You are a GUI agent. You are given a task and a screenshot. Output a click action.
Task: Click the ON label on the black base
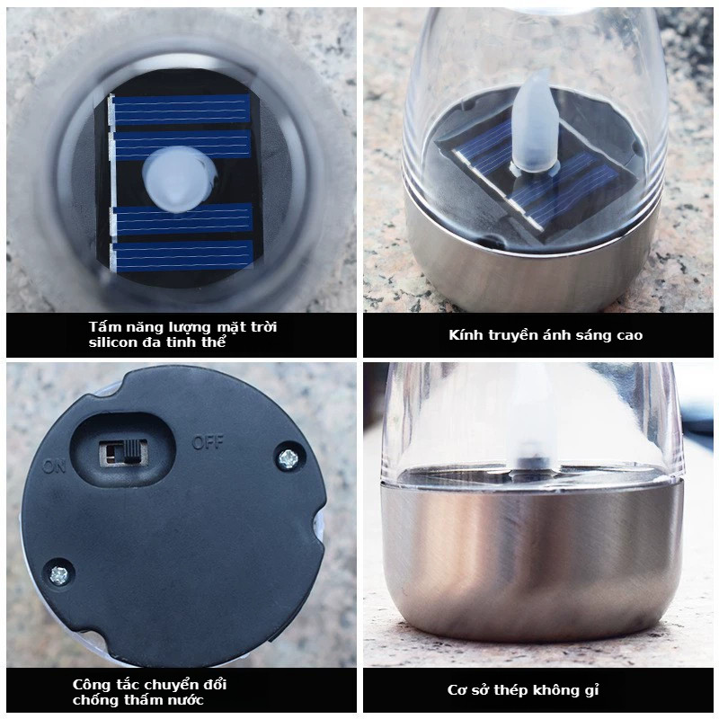tap(55, 466)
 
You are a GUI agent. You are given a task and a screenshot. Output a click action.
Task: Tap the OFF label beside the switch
tap(208, 442)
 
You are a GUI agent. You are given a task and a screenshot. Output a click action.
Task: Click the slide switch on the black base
tap(124, 453)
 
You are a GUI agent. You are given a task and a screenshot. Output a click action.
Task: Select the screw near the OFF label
tap(288, 458)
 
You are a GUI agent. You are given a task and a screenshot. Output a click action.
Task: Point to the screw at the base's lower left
tap(58, 575)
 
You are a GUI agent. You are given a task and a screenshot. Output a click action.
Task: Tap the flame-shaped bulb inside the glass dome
tap(535, 124)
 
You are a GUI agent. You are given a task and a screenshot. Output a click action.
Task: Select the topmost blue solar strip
tap(181, 110)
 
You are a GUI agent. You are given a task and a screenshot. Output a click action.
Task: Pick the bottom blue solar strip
tap(182, 256)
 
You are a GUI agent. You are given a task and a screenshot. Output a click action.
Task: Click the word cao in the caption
tap(630, 335)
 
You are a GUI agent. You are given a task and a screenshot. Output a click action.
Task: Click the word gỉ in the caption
tap(592, 690)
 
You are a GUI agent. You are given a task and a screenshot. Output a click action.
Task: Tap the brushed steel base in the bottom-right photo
tap(531, 554)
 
